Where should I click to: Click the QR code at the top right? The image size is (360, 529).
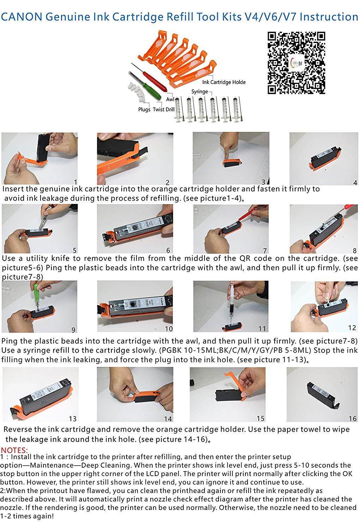pos(296,63)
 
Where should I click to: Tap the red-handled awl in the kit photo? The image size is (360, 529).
pos(151,78)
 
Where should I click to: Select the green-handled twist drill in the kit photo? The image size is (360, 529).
pos(145,86)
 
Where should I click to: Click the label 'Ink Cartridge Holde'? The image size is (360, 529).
pos(224,82)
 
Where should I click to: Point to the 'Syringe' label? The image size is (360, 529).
pos(200,91)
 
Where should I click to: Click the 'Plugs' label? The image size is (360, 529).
pos(144,109)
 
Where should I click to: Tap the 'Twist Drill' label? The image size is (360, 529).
pos(164,109)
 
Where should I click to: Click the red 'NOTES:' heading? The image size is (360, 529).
pos(14,450)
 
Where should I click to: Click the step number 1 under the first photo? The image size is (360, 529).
pos(75,182)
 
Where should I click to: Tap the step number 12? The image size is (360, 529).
pos(352,328)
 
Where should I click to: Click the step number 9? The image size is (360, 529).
pos(73,330)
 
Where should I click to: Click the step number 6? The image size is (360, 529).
pos(168,250)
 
